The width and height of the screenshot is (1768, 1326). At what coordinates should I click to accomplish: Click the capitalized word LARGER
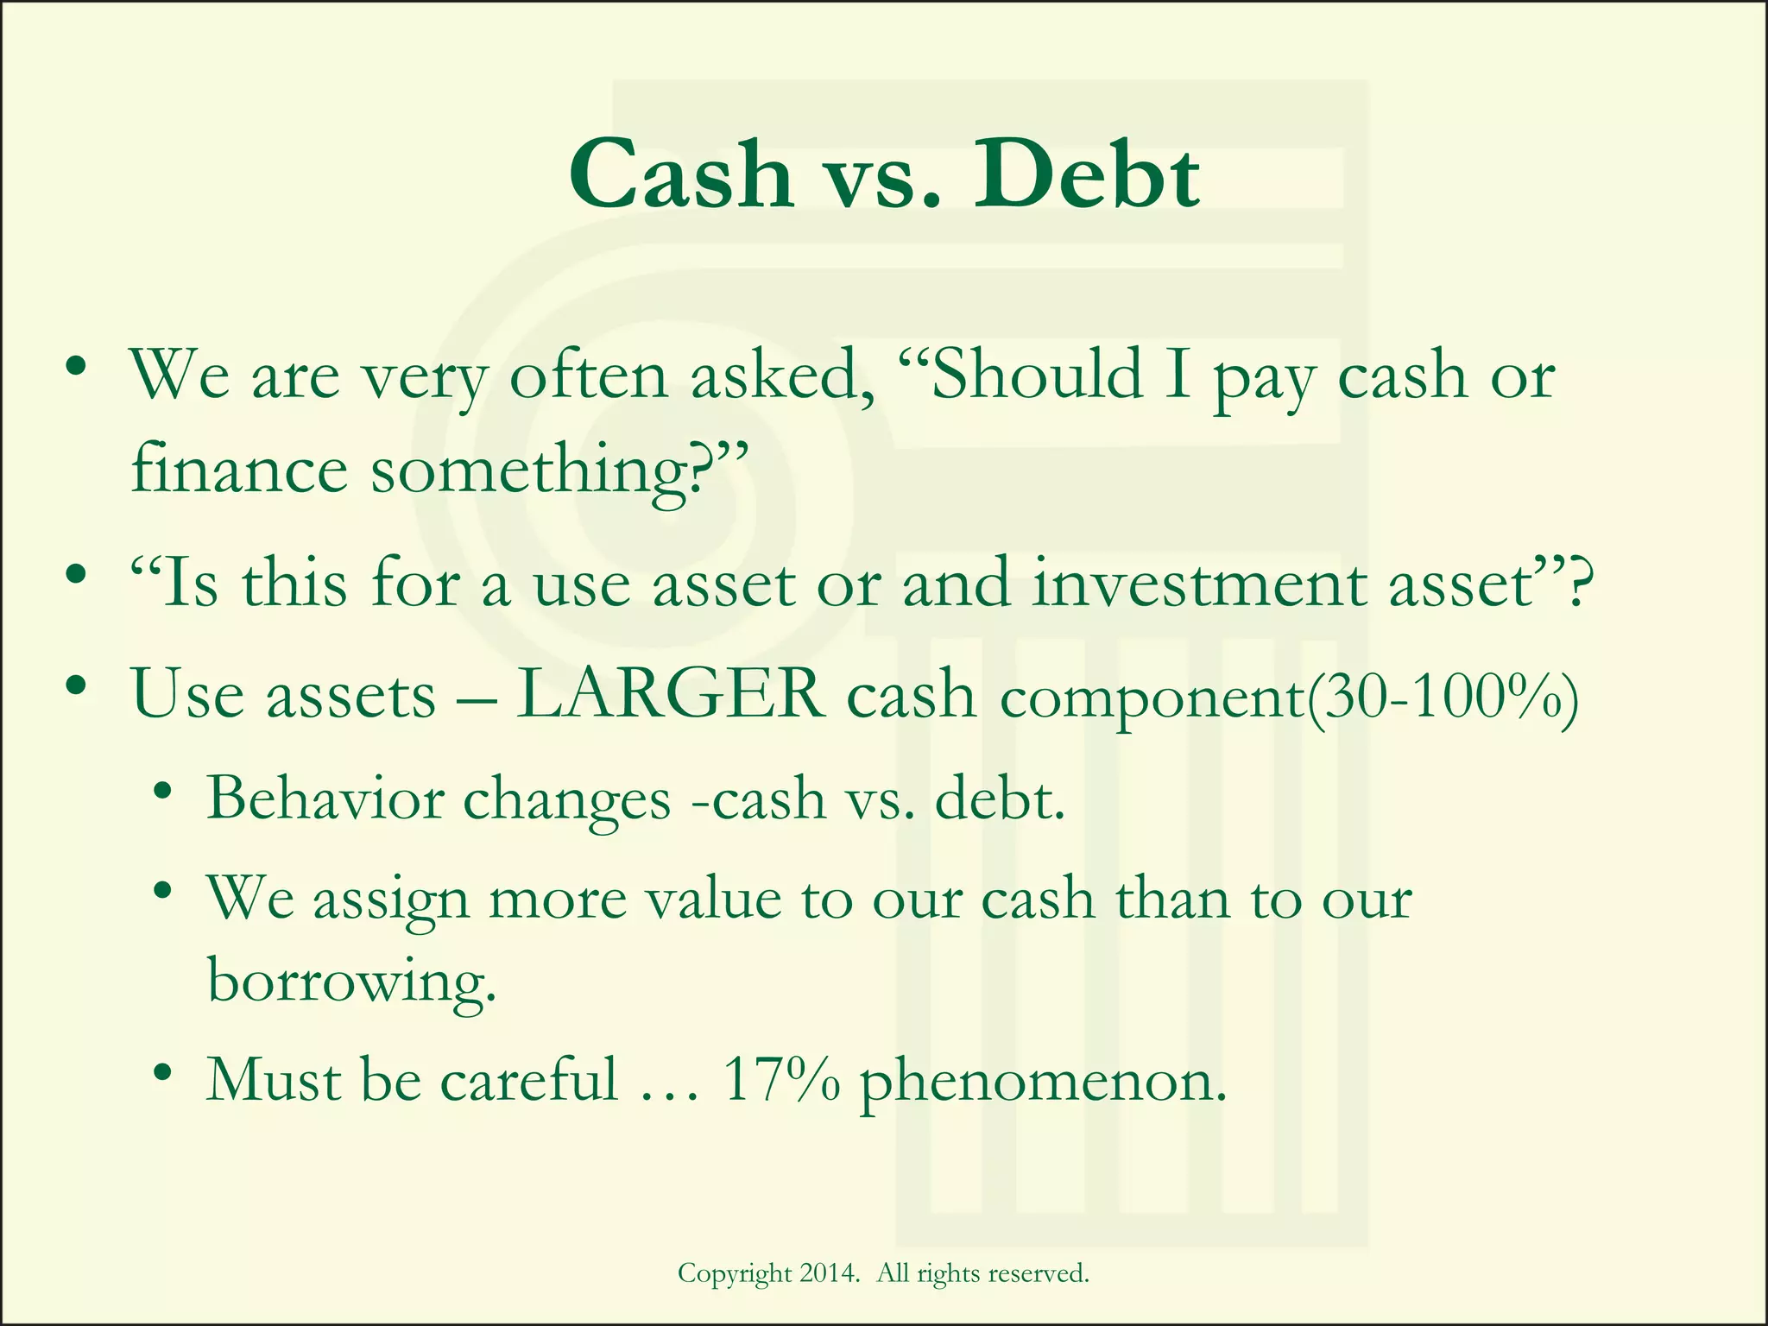point(671,695)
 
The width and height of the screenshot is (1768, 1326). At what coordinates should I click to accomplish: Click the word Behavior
point(325,799)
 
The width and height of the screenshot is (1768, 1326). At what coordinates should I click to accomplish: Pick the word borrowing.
point(352,982)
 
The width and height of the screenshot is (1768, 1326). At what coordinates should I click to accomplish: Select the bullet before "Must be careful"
point(161,1075)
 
